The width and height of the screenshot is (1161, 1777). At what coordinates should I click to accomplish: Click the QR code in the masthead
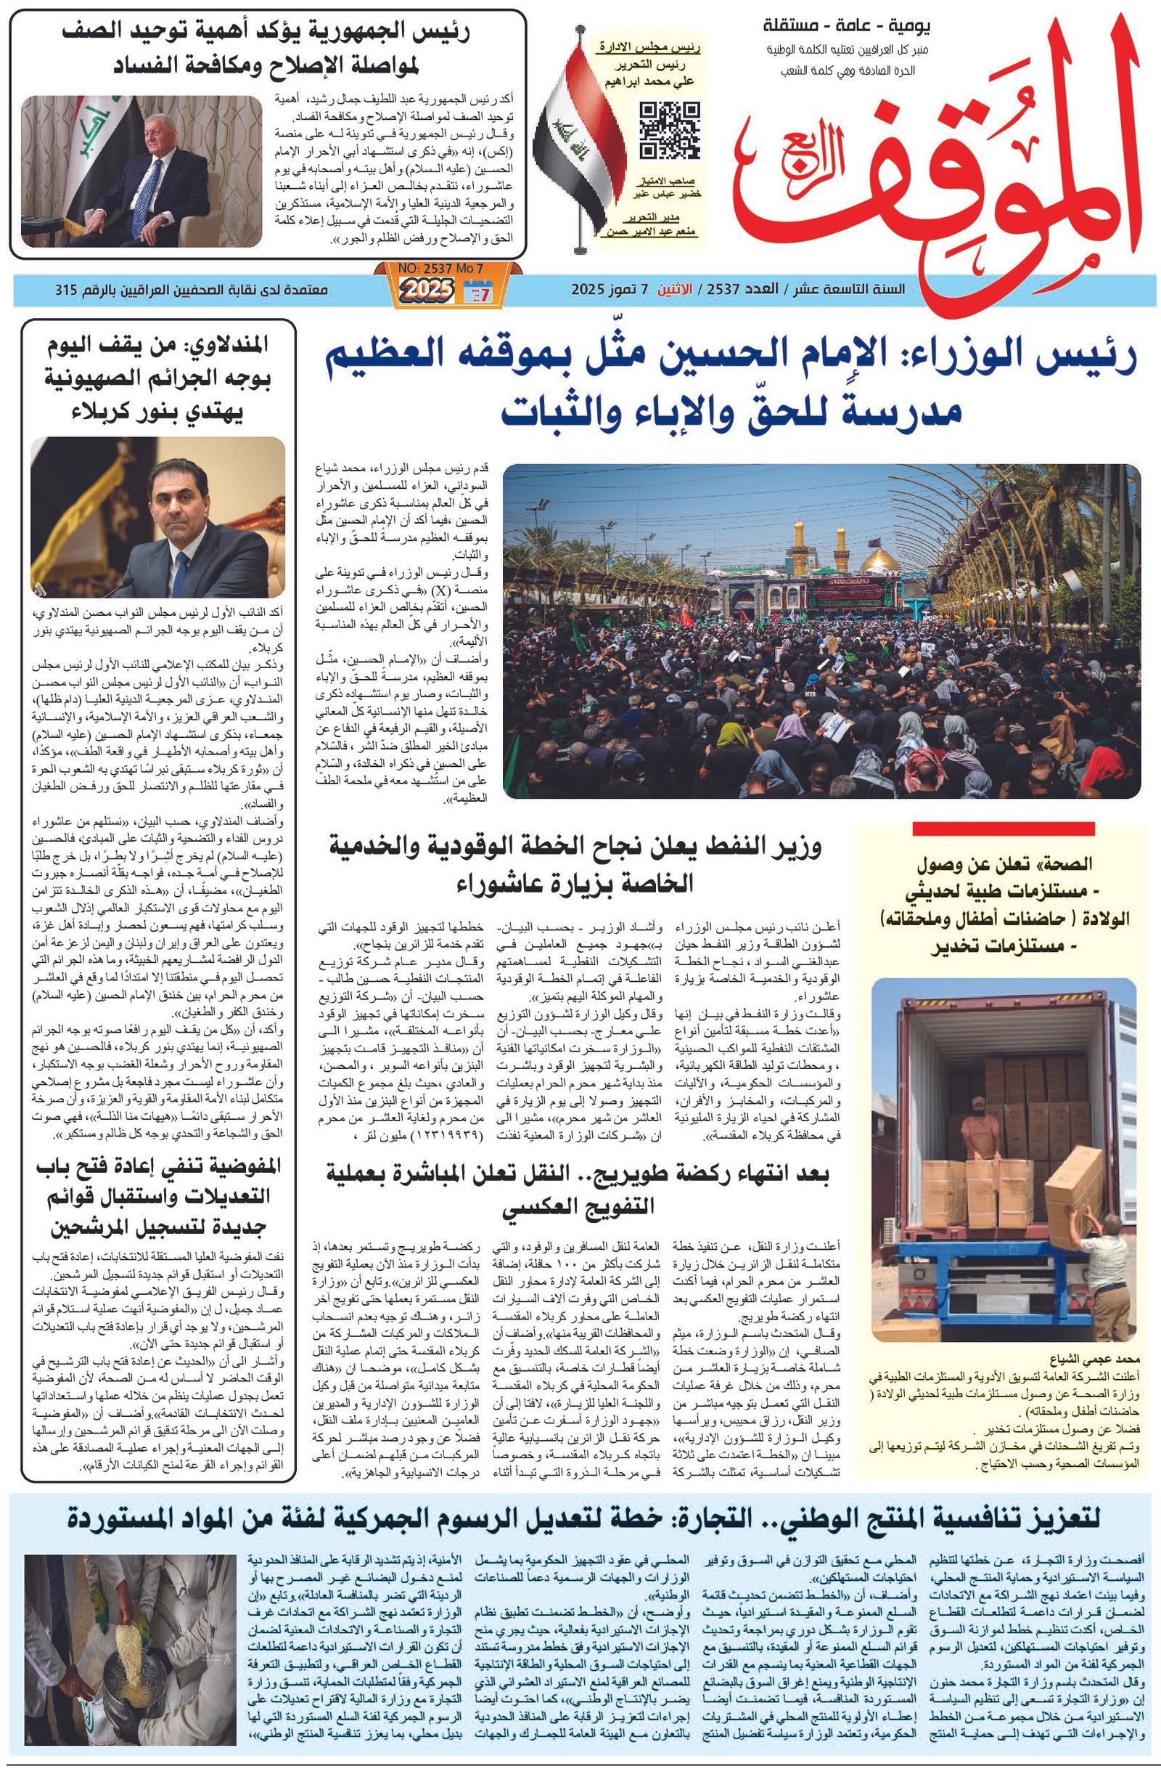tap(669, 130)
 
